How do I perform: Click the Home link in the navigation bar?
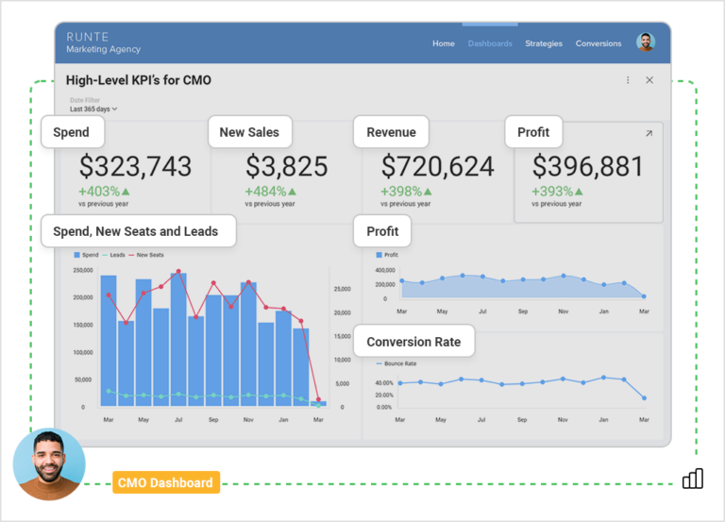click(443, 43)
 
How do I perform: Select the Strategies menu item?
click(544, 43)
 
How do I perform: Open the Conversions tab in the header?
click(599, 43)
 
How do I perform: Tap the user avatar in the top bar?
click(646, 42)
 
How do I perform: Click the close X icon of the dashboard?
click(649, 80)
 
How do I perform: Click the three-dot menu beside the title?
click(628, 80)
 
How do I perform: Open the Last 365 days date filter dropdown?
click(93, 109)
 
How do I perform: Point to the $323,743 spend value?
click(135, 167)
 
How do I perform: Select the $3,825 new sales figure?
click(287, 167)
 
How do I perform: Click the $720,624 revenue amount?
click(437, 167)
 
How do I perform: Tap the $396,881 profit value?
click(587, 167)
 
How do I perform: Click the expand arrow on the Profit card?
click(649, 134)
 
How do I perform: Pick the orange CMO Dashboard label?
click(165, 483)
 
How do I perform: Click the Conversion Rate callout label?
click(413, 342)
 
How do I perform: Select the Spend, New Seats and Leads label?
click(138, 231)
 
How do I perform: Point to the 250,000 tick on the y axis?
click(82, 271)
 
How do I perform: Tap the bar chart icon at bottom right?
click(693, 479)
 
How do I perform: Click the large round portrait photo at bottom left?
click(49, 464)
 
